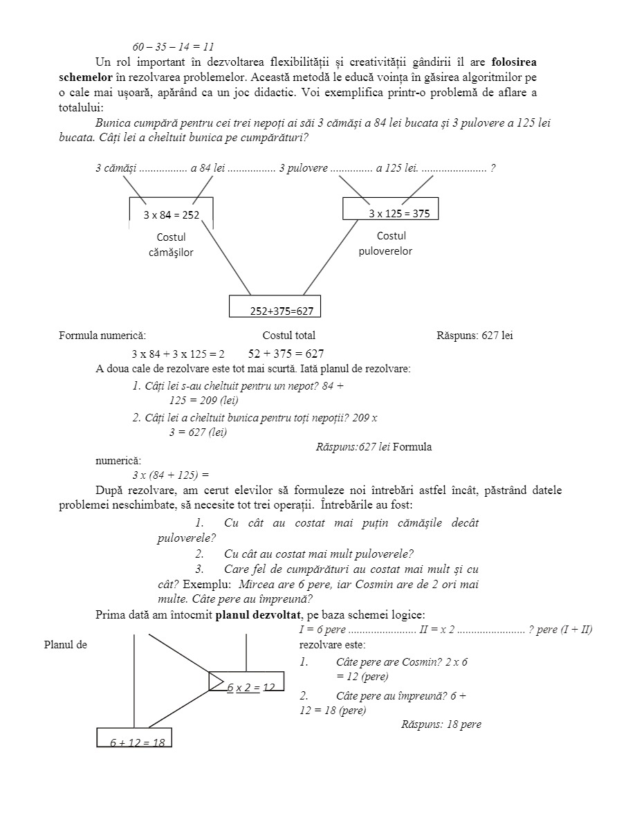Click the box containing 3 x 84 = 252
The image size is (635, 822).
coord(172,214)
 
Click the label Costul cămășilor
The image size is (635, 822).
coord(171,245)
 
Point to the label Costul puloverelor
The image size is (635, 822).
coord(385,244)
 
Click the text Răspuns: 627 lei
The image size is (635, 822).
coord(475,336)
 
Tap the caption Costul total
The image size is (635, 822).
coord(288,336)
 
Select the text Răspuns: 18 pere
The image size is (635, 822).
coord(441,724)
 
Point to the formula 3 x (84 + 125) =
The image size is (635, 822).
coord(171,475)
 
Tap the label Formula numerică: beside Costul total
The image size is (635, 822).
coord(102,336)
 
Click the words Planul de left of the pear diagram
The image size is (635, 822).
coord(65,645)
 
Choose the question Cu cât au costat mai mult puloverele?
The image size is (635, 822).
coord(318,554)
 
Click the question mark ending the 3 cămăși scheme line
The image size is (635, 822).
coord(493,168)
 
